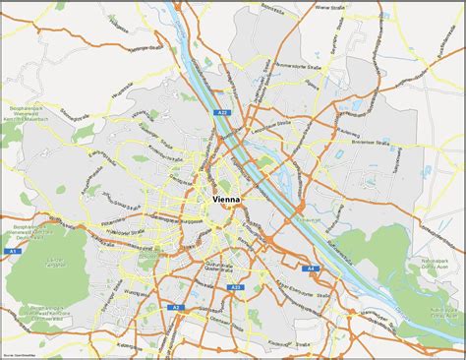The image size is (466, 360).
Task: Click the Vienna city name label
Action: point(231,200)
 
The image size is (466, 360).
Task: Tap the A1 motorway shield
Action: point(14,252)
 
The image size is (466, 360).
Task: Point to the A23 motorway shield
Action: point(235,287)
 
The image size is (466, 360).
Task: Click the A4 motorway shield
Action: point(311,268)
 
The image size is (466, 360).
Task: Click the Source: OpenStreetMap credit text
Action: point(22,355)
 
